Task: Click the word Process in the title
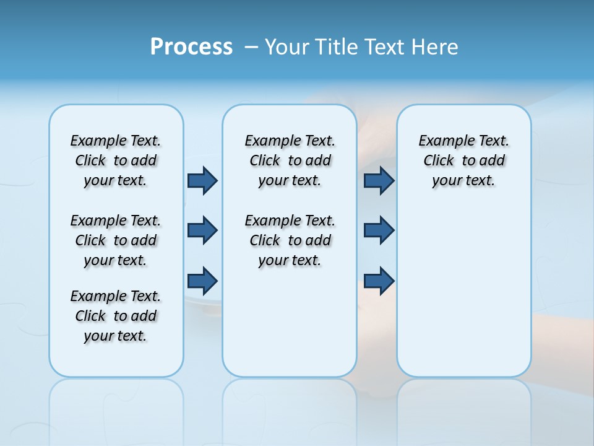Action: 191,47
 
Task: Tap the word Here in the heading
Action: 436,47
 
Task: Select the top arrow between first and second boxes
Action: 202,180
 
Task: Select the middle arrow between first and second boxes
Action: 202,230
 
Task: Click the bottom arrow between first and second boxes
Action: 202,281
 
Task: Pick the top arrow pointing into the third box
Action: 379,180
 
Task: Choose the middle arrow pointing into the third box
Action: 379,230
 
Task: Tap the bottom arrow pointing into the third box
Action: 379,281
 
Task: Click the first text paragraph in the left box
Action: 116,160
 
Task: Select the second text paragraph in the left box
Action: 116,240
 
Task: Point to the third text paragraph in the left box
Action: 116,316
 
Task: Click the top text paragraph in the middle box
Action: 290,160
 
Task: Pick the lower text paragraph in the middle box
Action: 290,240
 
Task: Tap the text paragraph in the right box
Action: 463,160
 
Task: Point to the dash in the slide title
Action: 251,47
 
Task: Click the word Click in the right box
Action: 439,161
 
